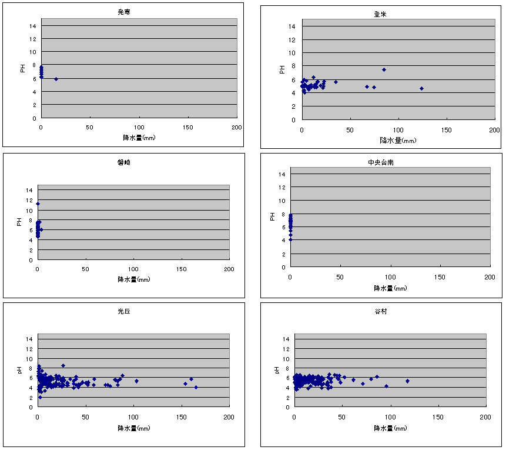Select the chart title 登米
[x=383, y=14]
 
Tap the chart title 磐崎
[x=123, y=162]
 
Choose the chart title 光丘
[x=123, y=312]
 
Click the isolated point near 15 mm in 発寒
[x=56, y=79]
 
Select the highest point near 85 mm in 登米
[x=384, y=69]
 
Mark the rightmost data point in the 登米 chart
[x=421, y=88]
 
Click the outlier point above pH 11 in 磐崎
[x=38, y=204]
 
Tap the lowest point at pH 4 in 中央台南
[x=290, y=239]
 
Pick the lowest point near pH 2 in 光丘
[x=40, y=397]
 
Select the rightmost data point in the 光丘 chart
[x=196, y=387]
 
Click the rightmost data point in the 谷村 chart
[x=407, y=381]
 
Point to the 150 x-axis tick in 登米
[x=447, y=129]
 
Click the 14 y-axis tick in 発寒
[x=33, y=26]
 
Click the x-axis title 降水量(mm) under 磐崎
[x=133, y=279]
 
